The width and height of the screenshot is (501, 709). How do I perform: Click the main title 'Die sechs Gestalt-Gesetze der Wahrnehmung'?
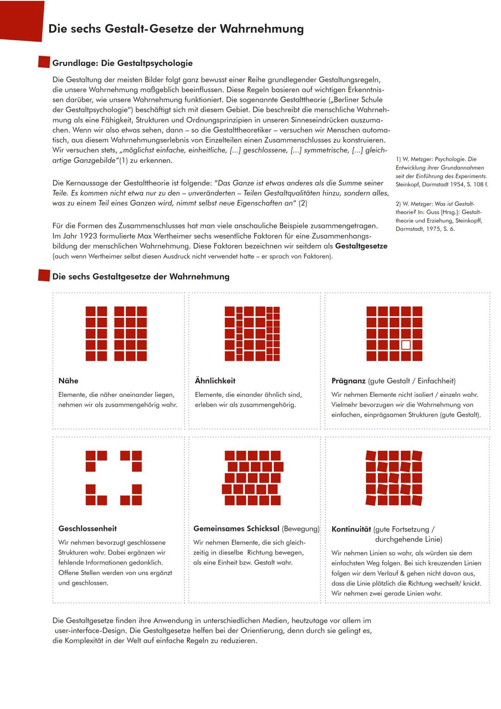[x=176, y=29]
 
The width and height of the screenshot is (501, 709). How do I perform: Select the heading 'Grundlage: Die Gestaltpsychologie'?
[x=122, y=63]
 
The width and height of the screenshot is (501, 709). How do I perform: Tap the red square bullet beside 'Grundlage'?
[x=44, y=63]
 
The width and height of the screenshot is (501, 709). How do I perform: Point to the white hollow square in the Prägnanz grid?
[x=406, y=345]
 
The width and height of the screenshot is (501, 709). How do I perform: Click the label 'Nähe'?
[x=68, y=381]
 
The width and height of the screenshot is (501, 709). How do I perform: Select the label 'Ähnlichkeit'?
[x=215, y=381]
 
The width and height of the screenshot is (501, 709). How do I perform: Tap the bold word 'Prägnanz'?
[x=348, y=381]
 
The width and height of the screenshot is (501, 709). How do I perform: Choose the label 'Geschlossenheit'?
[x=87, y=529]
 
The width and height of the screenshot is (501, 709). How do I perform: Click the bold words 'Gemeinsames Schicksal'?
[x=236, y=529]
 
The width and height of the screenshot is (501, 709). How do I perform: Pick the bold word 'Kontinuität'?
[x=351, y=529]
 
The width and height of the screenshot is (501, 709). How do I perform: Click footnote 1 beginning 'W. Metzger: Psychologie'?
[x=441, y=172]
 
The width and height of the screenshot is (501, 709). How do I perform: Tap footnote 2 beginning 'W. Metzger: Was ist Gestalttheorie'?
[x=439, y=216]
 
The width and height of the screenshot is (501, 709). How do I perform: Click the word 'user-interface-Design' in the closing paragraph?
[x=90, y=631]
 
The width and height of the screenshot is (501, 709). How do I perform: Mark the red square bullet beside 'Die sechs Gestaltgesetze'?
[x=44, y=276]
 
